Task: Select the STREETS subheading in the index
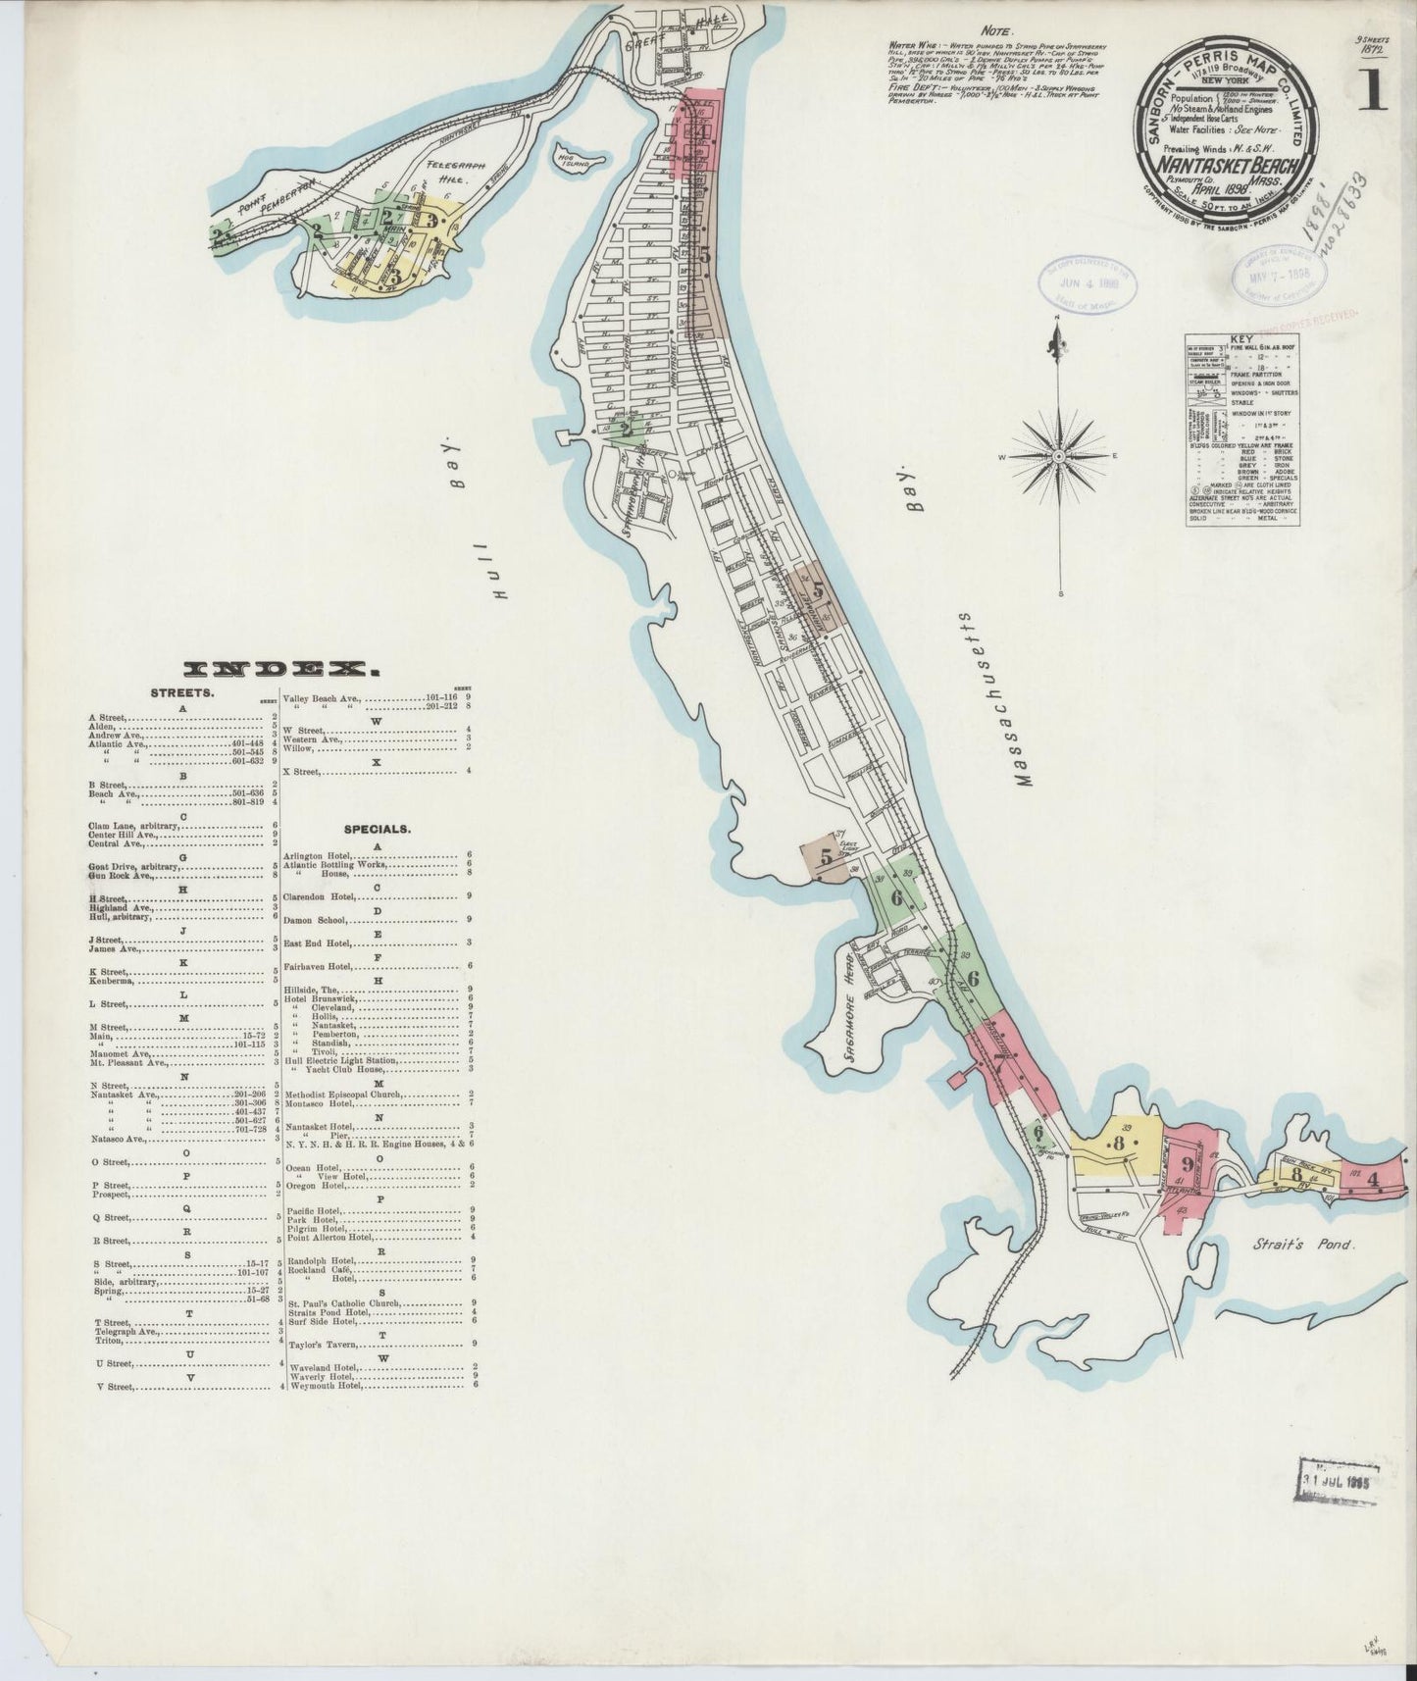pos(177,693)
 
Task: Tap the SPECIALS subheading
pos(377,828)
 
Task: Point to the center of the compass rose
pos(1060,457)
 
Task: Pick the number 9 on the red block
pos(1188,1165)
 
